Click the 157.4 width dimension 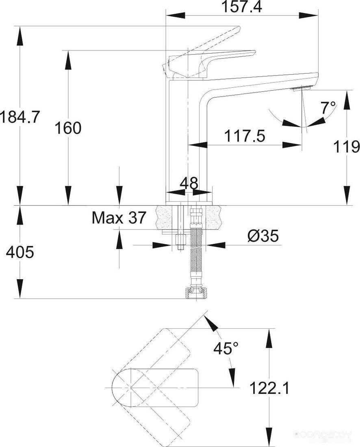[x=242, y=7]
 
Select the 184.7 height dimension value [x=20, y=117]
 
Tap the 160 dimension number [x=68, y=128]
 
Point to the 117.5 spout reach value [x=245, y=136]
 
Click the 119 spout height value [x=346, y=147]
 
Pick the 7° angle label [x=328, y=108]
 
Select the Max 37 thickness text [x=119, y=217]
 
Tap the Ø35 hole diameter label [x=263, y=236]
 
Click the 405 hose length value [x=20, y=252]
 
